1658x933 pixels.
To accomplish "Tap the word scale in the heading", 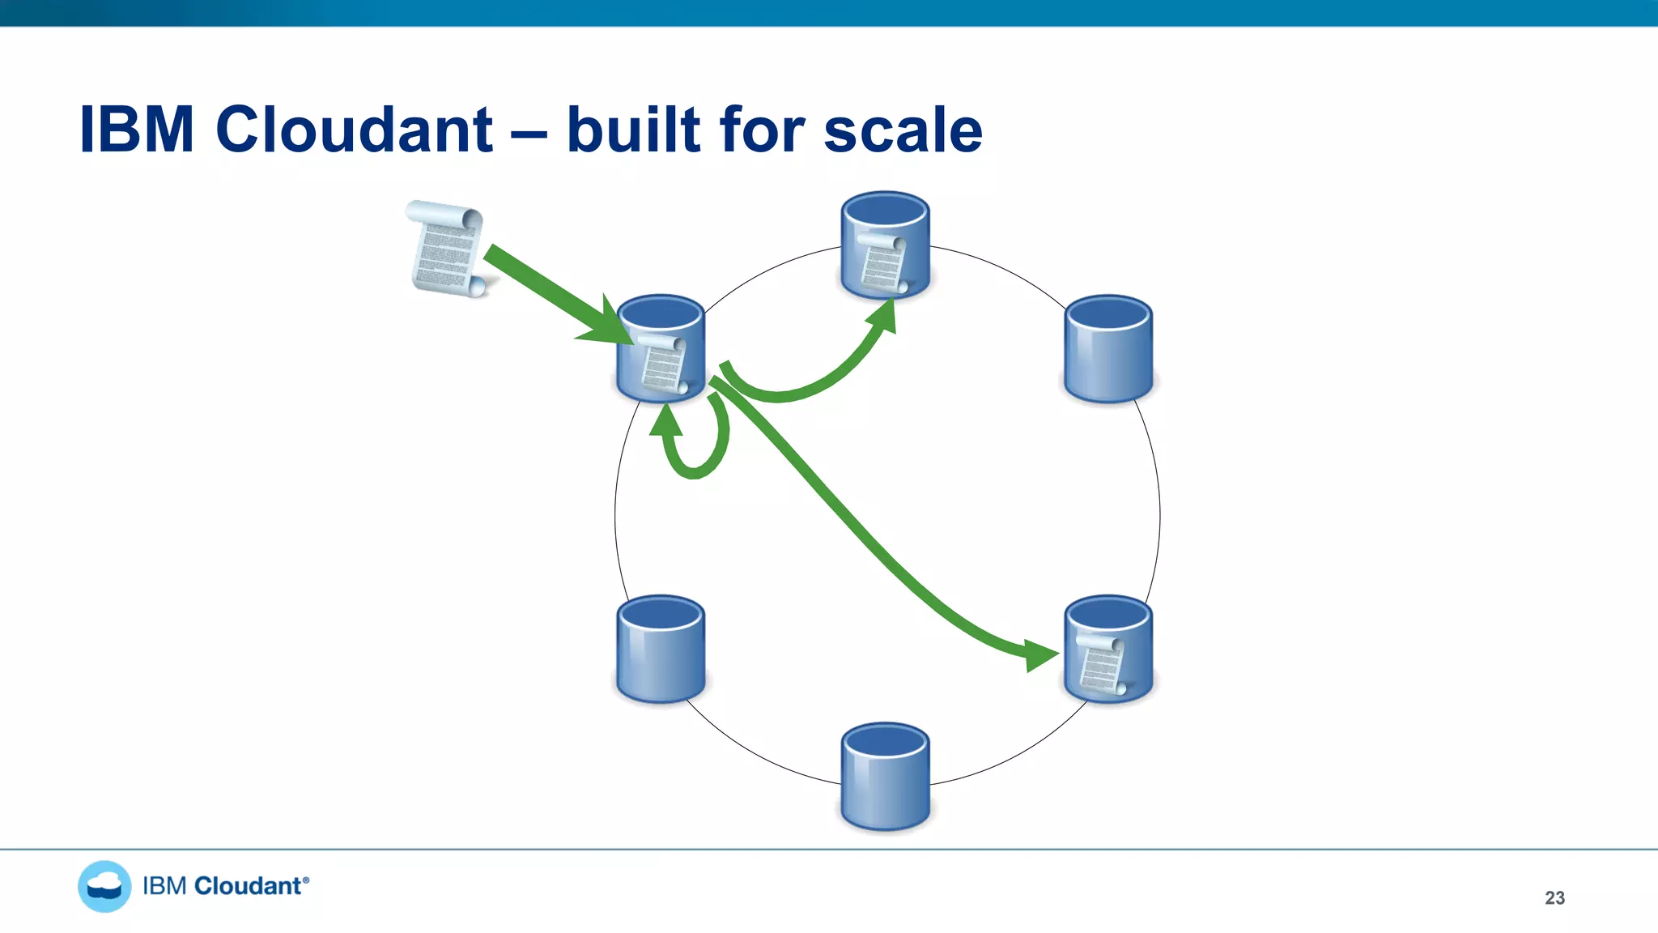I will pyautogui.click(x=903, y=131).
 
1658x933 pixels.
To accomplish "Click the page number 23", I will pyautogui.click(x=1554, y=897).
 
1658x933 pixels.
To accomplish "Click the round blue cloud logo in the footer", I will pyautogui.click(x=104, y=886).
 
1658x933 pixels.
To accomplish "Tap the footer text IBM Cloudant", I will pyautogui.click(x=225, y=886).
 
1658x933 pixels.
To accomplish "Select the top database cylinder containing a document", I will pyautogui.click(x=885, y=245).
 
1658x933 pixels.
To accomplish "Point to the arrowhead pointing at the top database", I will pyautogui.click(x=885, y=314).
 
